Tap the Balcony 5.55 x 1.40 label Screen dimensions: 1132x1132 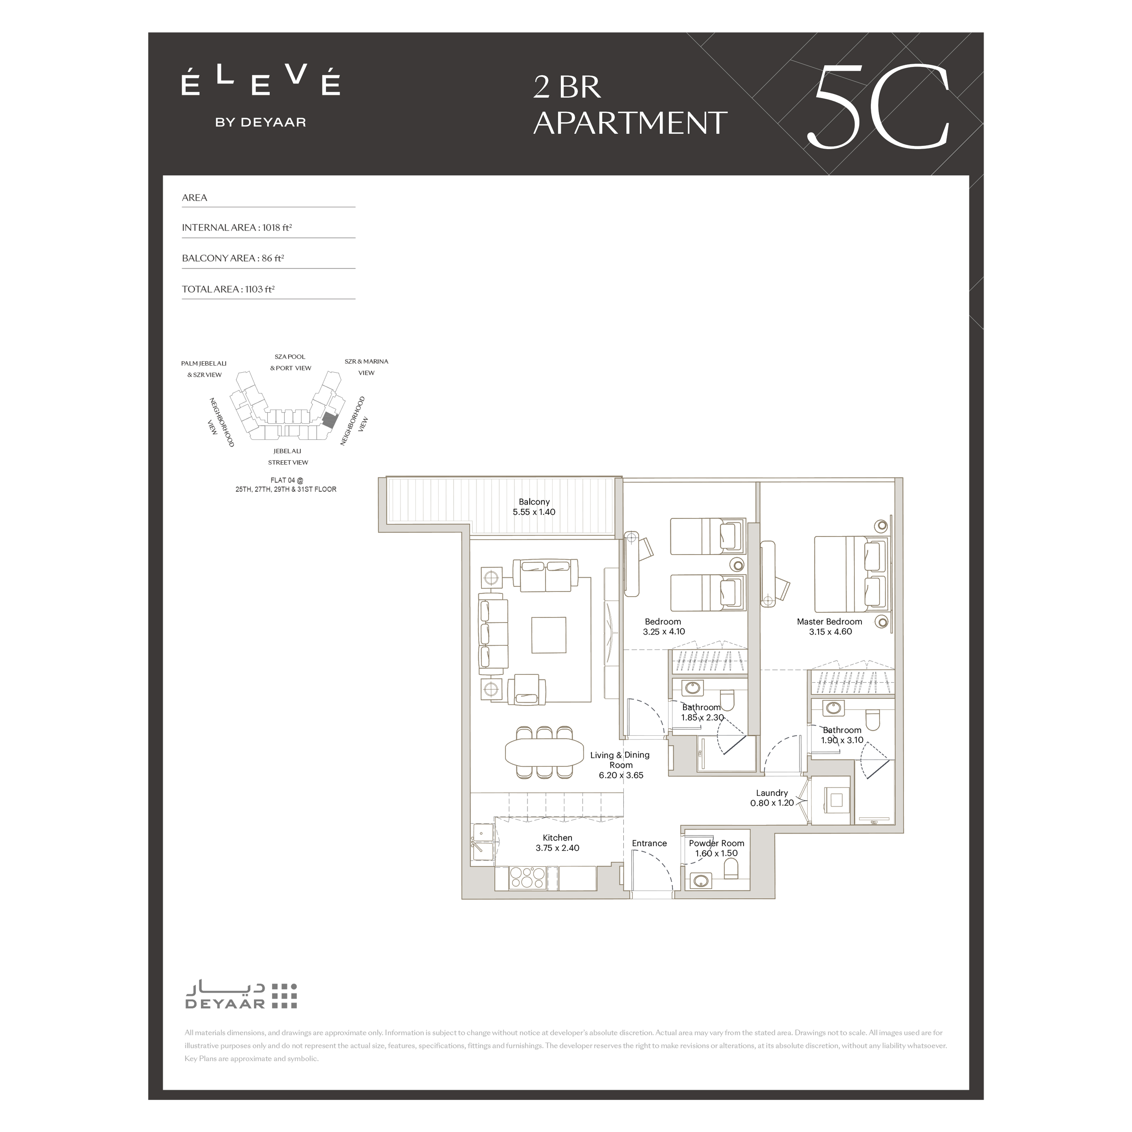point(534,507)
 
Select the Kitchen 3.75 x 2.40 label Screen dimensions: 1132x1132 point(557,843)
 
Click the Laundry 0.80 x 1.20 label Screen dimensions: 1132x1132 point(772,798)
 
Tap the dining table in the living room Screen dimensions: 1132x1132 point(544,752)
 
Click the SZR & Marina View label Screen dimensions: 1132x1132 point(366,367)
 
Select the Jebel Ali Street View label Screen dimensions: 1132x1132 point(288,456)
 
